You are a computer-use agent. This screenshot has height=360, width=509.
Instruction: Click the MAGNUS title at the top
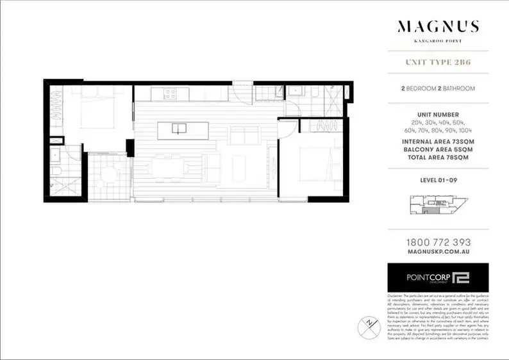coord(438,27)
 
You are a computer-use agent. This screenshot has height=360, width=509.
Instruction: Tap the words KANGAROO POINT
coord(438,40)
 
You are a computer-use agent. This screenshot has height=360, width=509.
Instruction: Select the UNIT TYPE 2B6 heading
coord(438,63)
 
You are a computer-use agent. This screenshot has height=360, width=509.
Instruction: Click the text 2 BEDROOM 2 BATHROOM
coord(438,88)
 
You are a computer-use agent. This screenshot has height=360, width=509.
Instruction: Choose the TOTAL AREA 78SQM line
coord(438,157)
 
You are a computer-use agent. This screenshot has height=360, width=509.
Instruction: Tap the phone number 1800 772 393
coord(438,243)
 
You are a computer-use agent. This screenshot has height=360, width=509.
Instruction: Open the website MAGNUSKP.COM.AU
coord(438,253)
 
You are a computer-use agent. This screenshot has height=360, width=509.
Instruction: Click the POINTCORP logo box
coord(438,277)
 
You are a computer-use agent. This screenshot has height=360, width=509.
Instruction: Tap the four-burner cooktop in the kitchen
coord(171,94)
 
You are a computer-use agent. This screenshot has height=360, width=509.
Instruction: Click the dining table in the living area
coord(169,167)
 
